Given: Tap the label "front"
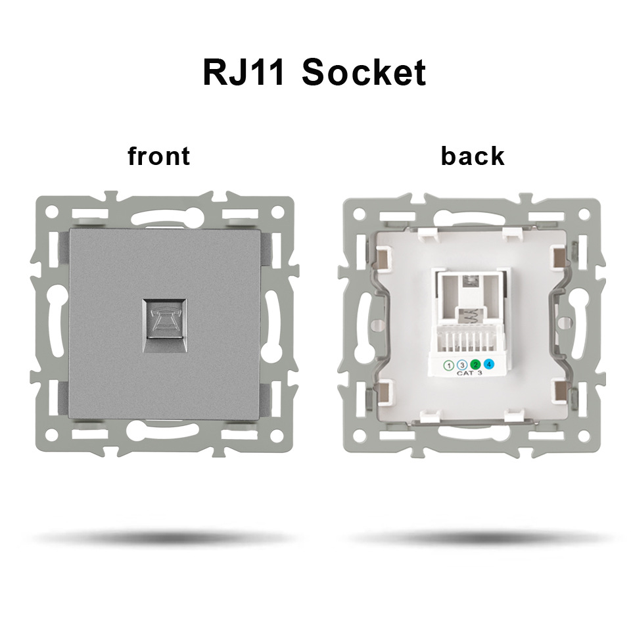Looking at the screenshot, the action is coord(158,156).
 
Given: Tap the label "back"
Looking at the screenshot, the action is coord(473,156).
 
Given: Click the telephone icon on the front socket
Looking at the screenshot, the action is coord(162,322).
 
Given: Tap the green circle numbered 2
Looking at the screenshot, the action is coord(475,364).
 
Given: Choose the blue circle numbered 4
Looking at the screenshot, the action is coord(488,364).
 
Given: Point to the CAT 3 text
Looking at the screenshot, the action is coord(469,374).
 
